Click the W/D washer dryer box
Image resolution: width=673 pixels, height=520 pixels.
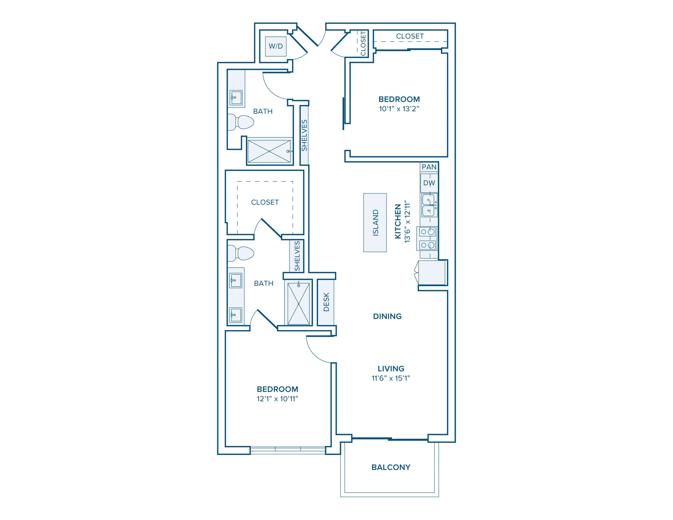(276, 46)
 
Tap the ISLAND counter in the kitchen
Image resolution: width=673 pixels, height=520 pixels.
(375, 222)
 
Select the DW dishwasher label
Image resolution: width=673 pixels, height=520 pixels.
(429, 183)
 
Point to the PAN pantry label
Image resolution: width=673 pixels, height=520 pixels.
(429, 167)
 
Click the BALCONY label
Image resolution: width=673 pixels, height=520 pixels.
(391, 467)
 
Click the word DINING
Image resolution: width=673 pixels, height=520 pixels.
(387, 316)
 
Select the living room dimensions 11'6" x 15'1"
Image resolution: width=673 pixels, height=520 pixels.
(391, 378)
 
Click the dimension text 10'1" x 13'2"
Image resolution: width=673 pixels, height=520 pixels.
(399, 109)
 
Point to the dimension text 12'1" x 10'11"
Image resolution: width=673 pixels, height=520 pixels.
(277, 399)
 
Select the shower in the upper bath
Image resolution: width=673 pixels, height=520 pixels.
(269, 151)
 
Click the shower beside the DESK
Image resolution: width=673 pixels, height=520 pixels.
(299, 303)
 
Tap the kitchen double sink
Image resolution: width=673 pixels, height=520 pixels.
(429, 205)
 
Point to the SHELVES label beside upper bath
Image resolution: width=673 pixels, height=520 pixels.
(304, 135)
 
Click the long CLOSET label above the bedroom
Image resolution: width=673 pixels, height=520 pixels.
(410, 36)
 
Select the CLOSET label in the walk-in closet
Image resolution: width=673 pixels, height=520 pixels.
(265, 202)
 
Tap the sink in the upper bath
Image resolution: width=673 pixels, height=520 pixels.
(236, 98)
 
